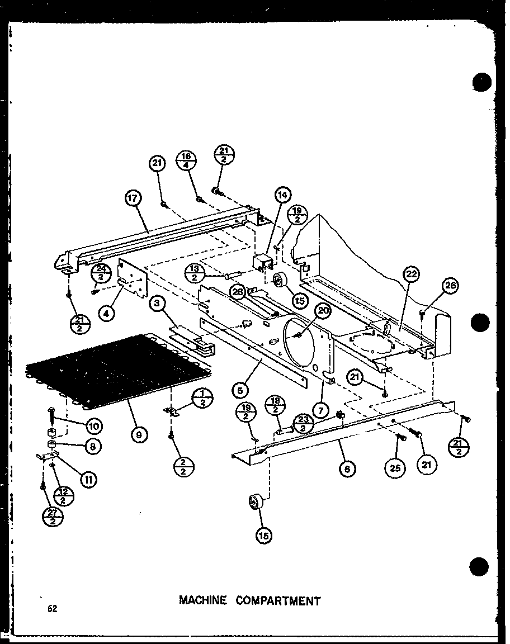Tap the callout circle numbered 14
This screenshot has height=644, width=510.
[x=283, y=195]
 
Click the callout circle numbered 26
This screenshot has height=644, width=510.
[x=451, y=286]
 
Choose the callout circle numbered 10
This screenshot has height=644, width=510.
[x=93, y=427]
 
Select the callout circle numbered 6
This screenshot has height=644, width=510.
[x=347, y=469]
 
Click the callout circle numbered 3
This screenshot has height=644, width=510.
[x=158, y=304]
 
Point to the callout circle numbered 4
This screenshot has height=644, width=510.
[x=106, y=313]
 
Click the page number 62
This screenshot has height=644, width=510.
[x=52, y=609]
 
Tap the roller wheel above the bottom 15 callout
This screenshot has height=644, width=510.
[x=256, y=501]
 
